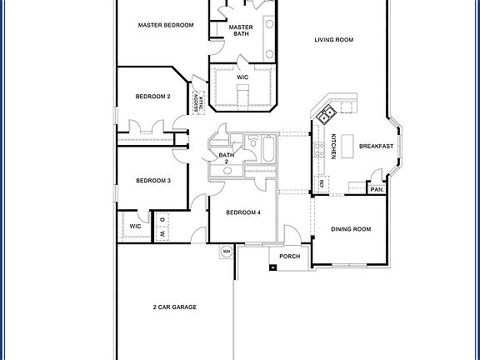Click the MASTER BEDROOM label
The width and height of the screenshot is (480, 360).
coord(166,26)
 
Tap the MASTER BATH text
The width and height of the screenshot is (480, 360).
coord(241,31)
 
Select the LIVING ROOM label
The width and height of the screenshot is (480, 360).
coord(334,39)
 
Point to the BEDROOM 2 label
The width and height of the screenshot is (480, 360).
coord(153,97)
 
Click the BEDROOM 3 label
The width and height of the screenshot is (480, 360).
coord(153,181)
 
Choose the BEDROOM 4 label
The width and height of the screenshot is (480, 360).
coord(243,212)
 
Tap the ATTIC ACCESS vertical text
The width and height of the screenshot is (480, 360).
coord(197,102)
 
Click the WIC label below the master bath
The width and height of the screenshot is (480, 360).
coord(242,77)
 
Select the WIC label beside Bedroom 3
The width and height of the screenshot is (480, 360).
coord(135,226)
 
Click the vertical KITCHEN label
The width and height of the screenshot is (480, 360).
coord(332,147)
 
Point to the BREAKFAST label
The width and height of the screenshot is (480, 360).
coord(376,147)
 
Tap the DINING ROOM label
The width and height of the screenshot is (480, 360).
coord(350,229)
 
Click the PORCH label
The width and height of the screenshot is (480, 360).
coord(289,257)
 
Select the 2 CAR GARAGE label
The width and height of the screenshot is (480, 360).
coord(174,307)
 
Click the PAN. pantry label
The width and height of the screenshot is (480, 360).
coord(377,189)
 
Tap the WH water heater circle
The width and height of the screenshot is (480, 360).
coord(226,251)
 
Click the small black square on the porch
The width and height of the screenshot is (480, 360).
coord(273,267)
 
